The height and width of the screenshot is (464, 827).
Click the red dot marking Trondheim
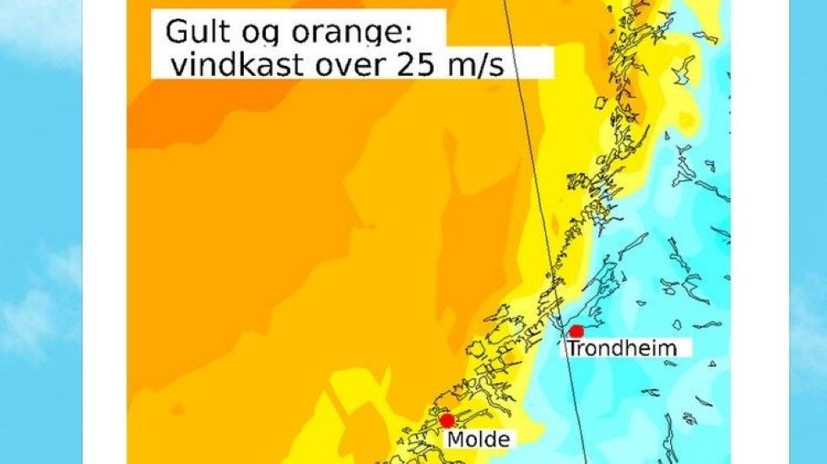click(577, 332)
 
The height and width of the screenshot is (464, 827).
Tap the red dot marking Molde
click(447, 420)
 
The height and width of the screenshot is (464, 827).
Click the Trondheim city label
click(623, 348)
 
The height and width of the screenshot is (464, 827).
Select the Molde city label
click(478, 440)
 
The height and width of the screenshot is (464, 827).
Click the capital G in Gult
click(176, 33)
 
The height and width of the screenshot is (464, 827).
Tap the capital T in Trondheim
click(573, 348)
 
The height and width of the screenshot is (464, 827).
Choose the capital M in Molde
click(455, 440)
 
